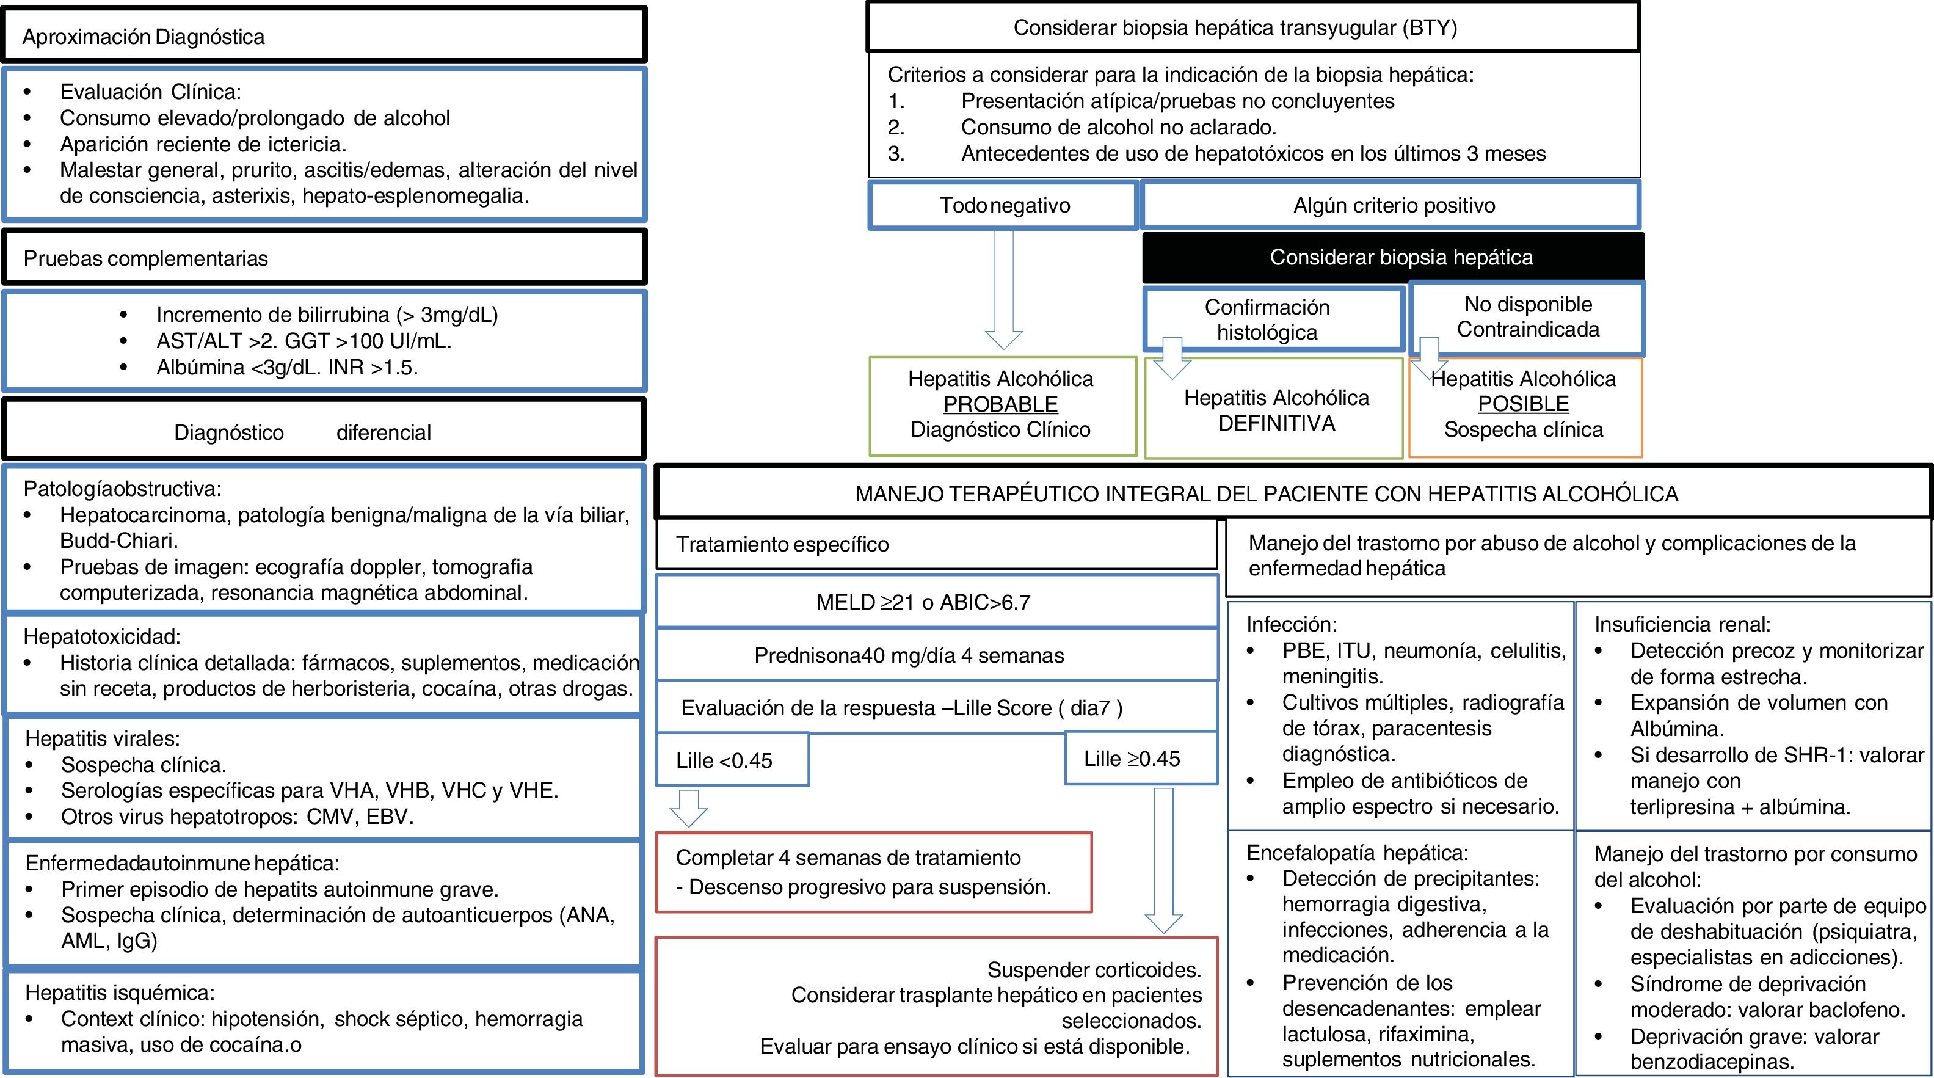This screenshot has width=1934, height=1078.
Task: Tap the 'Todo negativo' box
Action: click(x=1004, y=205)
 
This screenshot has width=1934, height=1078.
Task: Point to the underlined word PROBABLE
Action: click(x=1000, y=404)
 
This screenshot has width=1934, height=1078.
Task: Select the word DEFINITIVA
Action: click(x=1276, y=423)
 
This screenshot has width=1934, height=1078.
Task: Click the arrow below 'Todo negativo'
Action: click(x=1003, y=293)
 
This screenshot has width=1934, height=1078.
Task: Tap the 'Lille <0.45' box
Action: click(x=732, y=760)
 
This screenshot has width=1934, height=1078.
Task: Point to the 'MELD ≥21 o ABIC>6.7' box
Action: click(x=936, y=602)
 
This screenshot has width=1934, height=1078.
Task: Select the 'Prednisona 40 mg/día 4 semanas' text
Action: click(x=909, y=655)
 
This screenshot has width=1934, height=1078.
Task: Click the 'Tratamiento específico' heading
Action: click(x=782, y=544)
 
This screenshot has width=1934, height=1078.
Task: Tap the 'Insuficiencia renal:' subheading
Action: click(x=1682, y=624)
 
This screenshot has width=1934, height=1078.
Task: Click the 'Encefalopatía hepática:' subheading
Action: click(x=1358, y=853)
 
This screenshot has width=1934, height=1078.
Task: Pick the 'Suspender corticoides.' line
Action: click(x=1094, y=970)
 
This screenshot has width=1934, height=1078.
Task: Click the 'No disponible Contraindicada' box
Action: click(x=1527, y=317)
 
